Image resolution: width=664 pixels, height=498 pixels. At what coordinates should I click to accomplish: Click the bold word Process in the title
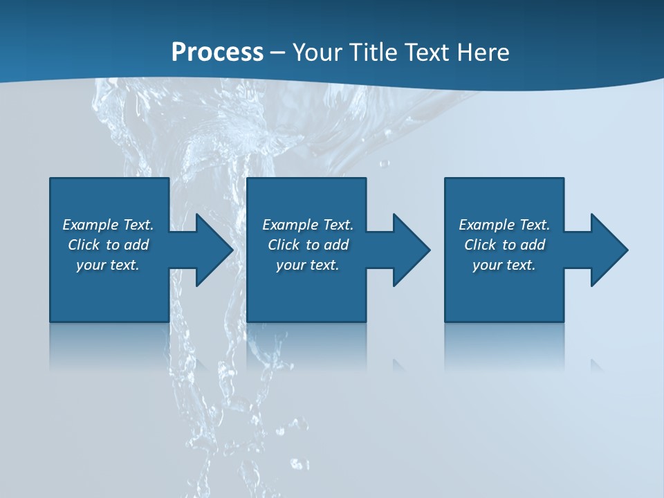(x=217, y=53)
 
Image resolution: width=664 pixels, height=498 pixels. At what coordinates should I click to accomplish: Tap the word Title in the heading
(x=374, y=53)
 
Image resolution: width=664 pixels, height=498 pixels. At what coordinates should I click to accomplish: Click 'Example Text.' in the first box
(x=108, y=225)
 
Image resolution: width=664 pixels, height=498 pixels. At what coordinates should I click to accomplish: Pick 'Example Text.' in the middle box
(x=308, y=225)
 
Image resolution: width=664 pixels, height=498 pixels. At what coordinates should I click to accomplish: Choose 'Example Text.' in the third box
(x=504, y=225)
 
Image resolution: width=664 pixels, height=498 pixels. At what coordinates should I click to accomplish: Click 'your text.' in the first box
(x=108, y=265)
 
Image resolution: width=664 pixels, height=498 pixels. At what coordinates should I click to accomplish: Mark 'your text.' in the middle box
(x=308, y=265)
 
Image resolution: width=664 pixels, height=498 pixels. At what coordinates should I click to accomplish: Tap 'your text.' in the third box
(x=504, y=265)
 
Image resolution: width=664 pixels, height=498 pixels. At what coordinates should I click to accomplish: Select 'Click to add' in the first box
(x=108, y=245)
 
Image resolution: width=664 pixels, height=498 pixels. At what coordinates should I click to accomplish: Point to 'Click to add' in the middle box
(x=308, y=245)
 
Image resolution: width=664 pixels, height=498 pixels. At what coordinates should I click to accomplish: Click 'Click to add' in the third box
(x=504, y=245)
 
